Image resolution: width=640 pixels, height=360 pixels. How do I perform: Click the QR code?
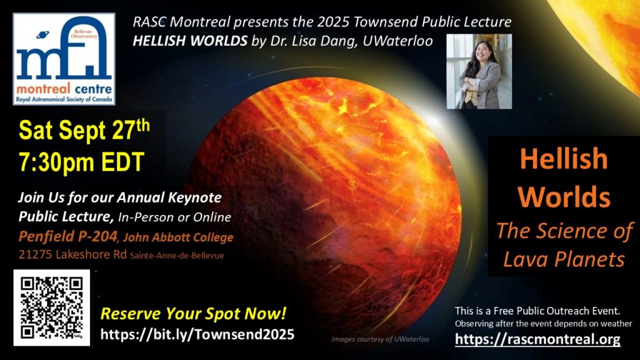51,307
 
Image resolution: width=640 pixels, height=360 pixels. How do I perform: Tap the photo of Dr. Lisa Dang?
479,71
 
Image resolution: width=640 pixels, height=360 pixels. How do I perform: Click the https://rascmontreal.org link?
537,339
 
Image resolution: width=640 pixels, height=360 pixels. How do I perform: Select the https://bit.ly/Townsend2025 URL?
197,335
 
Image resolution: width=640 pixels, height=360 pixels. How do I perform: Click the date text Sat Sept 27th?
84,130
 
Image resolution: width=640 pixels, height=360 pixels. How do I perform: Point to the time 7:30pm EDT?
82,162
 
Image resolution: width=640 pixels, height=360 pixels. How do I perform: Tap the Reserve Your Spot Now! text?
193,314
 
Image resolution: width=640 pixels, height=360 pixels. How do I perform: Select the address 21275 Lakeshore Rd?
72,255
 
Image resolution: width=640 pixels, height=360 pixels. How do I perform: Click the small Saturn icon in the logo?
42,35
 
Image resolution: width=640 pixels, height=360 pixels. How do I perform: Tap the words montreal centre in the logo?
64,89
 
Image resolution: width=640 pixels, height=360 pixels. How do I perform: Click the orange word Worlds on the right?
564,197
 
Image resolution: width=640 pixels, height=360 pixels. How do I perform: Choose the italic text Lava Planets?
564,259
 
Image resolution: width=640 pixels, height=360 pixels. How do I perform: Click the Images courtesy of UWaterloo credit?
380,339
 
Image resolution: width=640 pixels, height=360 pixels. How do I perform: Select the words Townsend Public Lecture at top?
432,22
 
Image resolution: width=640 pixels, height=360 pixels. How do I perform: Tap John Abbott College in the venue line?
178,237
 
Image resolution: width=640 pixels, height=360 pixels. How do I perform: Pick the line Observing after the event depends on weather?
544,324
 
